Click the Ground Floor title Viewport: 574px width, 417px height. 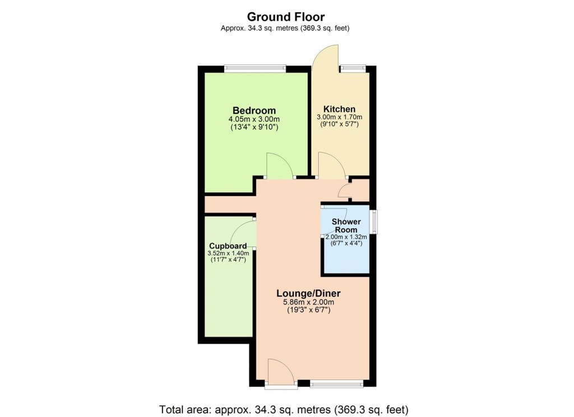coord(286,17)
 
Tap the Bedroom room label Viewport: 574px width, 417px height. coord(254,110)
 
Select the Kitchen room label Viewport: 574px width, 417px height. coord(339,109)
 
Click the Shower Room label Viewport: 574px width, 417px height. coord(346,226)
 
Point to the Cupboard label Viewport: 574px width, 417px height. coord(228,246)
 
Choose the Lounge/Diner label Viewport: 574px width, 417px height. coord(308,294)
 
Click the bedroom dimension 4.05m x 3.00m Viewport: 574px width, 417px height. coord(254,119)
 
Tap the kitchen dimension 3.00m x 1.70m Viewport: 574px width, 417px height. coord(339,117)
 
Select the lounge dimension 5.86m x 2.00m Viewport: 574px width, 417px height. coord(308,303)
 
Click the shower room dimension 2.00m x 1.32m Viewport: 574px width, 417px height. coord(344,237)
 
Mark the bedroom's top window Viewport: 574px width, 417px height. coord(255,69)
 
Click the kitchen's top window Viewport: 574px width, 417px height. coord(353,69)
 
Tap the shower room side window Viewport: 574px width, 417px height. coord(373,220)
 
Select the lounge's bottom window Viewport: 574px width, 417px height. coord(336,384)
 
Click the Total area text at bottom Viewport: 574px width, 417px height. coord(284,407)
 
